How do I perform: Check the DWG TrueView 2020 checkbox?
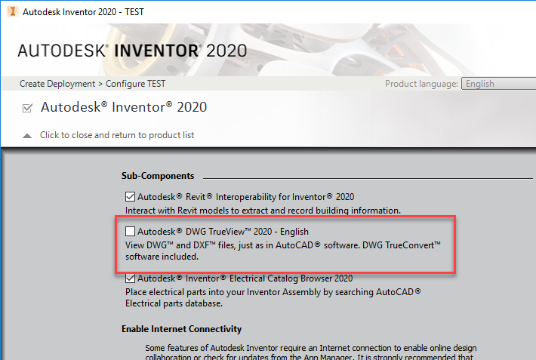tap(131, 231)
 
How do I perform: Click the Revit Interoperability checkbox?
tap(131, 197)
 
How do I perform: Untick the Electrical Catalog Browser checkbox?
tap(131, 278)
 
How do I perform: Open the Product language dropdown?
tap(498, 84)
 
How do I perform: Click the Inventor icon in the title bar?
tap(10, 12)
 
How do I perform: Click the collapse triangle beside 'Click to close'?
tap(27, 136)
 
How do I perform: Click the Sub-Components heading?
tap(158, 176)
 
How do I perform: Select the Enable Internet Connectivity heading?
tap(181, 329)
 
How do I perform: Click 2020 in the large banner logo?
tap(226, 51)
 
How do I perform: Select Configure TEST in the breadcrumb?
tap(137, 84)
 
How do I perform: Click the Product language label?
tap(421, 84)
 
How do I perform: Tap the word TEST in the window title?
tap(131, 12)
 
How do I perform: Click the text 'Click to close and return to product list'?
tap(117, 136)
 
